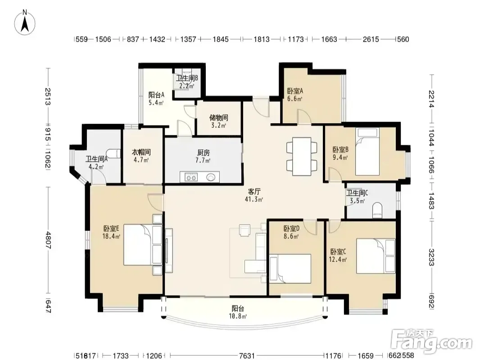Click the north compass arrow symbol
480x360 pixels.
pos(25,22)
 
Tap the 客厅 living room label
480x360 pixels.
pos(254,192)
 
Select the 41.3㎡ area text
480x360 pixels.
pos(254,200)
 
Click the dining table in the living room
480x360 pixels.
pos(302,157)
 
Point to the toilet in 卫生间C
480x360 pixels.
pos(378,211)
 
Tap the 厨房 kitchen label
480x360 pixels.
pos(203,153)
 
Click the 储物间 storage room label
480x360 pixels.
pos(218,117)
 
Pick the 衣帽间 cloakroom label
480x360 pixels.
pos(141,152)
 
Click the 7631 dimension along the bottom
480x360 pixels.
pos(247,355)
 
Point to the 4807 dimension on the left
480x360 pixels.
pos(48,240)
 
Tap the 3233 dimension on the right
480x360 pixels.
pos(431,257)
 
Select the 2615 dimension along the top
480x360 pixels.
pos(371,39)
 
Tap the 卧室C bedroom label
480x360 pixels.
pos(338,252)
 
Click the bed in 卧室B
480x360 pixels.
pos(367,152)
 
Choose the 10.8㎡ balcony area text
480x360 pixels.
pos(238,316)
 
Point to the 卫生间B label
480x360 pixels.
pos(187,78)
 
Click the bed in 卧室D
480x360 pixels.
pos(290,269)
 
